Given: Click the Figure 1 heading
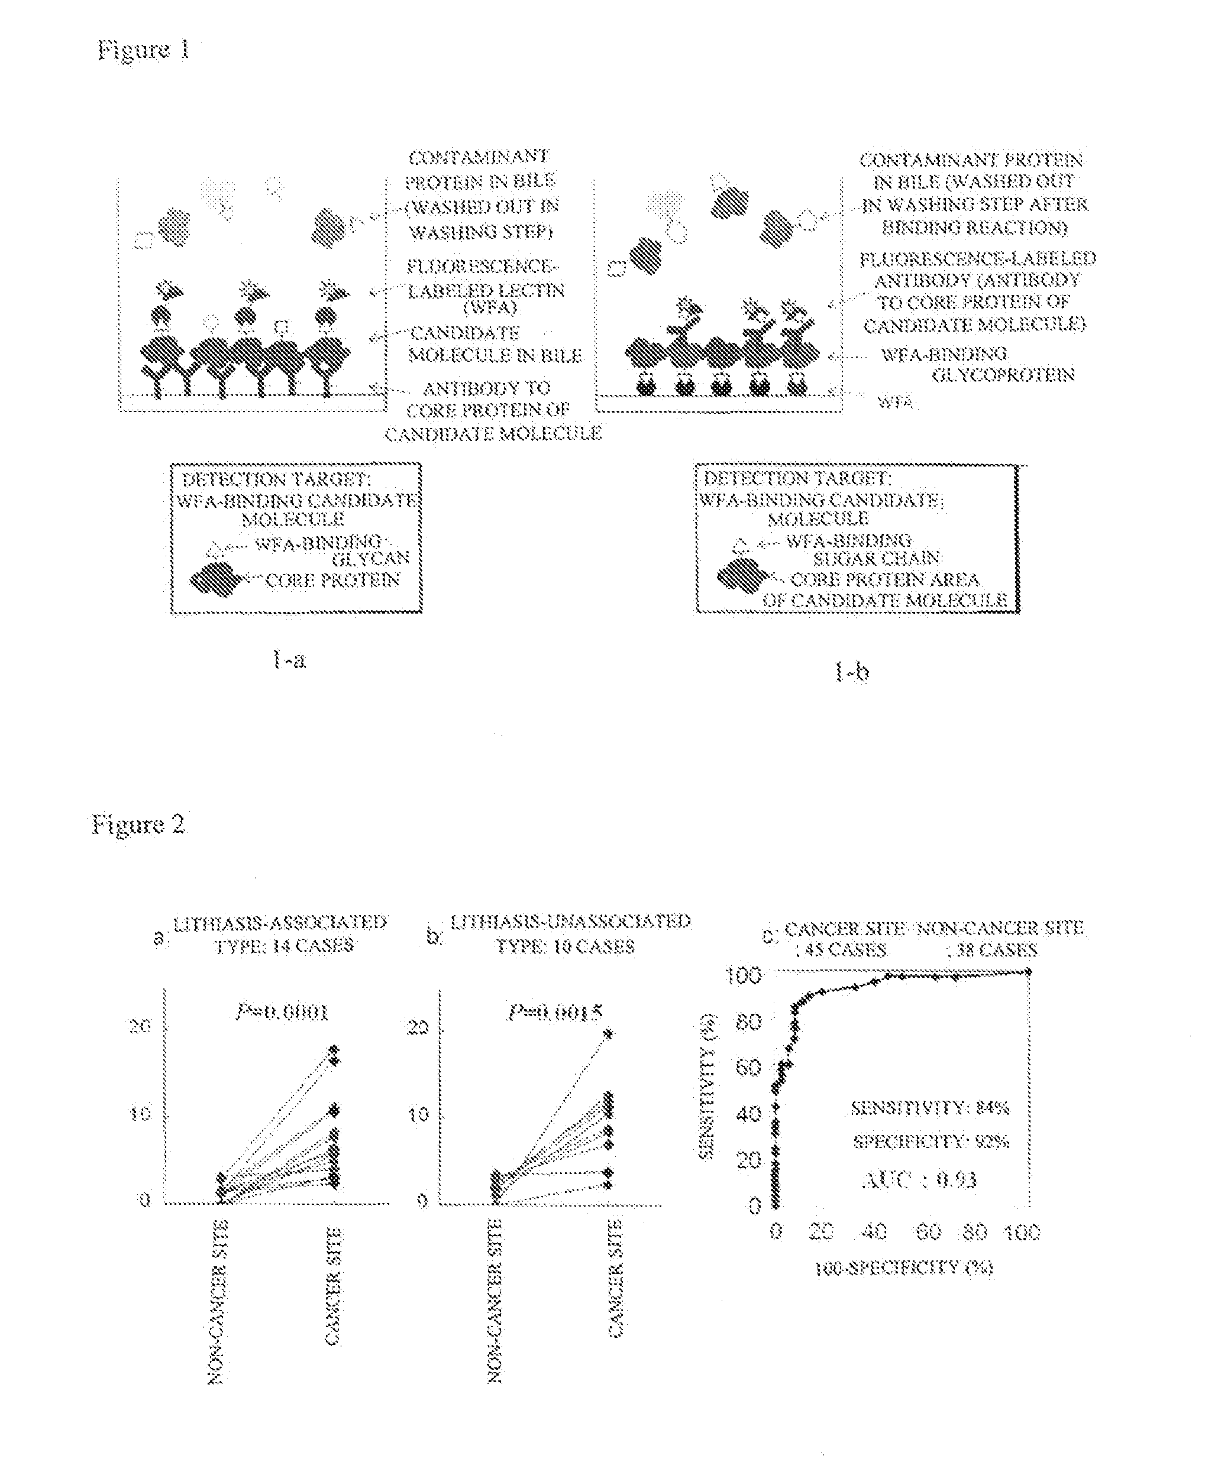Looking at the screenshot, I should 143,50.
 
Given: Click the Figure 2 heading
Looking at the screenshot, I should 138,824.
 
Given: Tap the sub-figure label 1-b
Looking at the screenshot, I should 852,673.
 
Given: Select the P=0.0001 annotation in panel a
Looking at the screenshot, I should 282,1012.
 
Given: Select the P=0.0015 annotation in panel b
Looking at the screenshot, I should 555,1013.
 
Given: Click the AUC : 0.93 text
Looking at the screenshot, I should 919,1180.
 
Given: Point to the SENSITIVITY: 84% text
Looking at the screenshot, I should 930,1108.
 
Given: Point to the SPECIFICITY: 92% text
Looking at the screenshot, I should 931,1142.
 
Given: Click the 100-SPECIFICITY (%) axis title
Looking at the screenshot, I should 904,1268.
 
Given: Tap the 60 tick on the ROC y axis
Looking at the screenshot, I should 748,1068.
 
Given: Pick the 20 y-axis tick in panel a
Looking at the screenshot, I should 140,1026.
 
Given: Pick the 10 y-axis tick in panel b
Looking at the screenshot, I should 418,1114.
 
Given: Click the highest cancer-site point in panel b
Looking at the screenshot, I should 609,1033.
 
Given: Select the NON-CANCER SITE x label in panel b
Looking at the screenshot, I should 495,1301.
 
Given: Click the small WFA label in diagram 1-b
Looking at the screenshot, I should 896,403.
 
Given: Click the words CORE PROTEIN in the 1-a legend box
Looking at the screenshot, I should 332,581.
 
